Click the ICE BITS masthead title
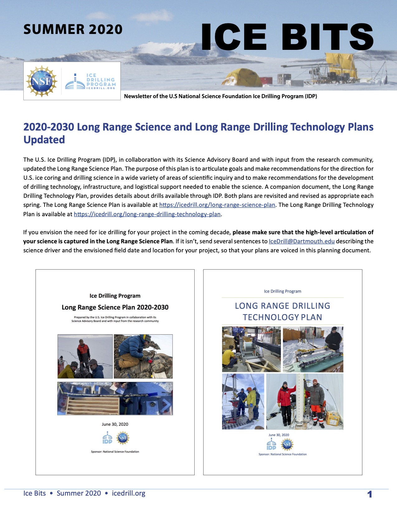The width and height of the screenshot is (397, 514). pos(287,37)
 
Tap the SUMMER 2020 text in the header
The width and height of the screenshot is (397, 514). pos(73,30)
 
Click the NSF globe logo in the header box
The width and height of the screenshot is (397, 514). pos(42,81)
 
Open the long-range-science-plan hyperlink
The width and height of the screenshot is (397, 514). pos(217,205)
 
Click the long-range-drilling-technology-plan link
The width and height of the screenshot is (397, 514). pos(147,214)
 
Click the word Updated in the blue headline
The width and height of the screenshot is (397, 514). pos(44,140)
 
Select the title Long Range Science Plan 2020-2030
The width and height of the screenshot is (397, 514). pos(115,307)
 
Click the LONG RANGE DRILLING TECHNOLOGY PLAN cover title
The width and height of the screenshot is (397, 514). pos(282,312)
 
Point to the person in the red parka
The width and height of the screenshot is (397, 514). pos(284,400)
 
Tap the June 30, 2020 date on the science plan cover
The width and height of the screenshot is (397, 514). pos(115,424)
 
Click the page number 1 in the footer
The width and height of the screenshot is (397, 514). pos(370,494)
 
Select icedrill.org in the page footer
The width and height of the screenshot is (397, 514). pos(129,493)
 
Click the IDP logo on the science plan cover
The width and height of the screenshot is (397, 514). pos(107,438)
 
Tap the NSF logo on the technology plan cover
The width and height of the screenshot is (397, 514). pos(287,445)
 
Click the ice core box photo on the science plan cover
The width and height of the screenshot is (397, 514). pos(115,398)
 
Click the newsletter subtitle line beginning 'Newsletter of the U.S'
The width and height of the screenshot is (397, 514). pos(220,96)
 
